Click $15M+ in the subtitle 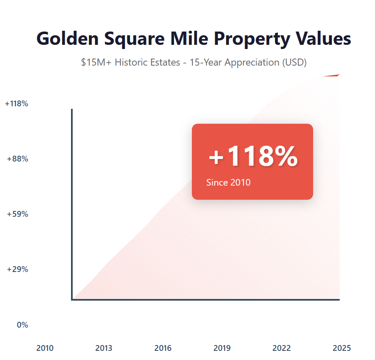click(96, 63)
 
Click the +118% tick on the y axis click(17, 104)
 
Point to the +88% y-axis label click(18, 159)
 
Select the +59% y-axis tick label click(18, 214)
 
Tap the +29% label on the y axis click(18, 269)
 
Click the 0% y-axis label click(22, 325)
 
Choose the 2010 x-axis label click(45, 348)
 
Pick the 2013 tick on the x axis click(104, 348)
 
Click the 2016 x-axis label click(163, 348)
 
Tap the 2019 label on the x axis click(222, 348)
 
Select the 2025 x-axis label click(342, 348)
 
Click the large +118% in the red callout click(253, 157)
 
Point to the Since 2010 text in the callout click(228, 182)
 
